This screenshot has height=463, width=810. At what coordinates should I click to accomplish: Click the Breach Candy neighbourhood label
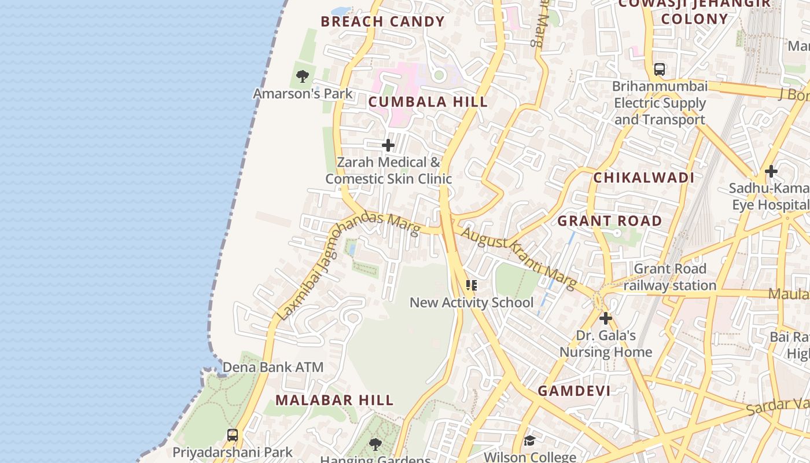pyautogui.click(x=382, y=22)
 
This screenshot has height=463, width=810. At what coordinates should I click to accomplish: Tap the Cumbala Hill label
pyautogui.click(x=428, y=102)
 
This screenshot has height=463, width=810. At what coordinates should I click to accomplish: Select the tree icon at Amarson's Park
pyautogui.click(x=302, y=76)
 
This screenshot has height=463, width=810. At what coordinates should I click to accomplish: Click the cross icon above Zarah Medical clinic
pyautogui.click(x=388, y=145)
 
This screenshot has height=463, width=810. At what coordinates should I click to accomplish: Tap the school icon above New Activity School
pyautogui.click(x=472, y=285)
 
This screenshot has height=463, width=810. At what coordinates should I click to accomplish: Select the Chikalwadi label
pyautogui.click(x=643, y=178)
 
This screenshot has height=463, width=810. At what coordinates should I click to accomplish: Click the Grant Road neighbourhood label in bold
pyautogui.click(x=609, y=221)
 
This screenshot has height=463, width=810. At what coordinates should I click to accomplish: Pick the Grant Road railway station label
pyautogui.click(x=670, y=277)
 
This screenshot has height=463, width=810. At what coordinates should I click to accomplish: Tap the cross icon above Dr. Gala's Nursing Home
pyautogui.click(x=606, y=318)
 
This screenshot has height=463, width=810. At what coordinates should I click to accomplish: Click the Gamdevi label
pyautogui.click(x=574, y=391)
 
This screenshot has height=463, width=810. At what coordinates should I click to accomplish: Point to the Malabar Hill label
pyautogui.click(x=334, y=400)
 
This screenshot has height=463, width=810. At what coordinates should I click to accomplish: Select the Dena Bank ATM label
pyautogui.click(x=273, y=368)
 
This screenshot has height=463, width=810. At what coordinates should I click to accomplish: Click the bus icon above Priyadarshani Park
pyautogui.click(x=233, y=435)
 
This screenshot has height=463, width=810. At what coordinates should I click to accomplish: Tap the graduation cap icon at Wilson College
pyautogui.click(x=529, y=441)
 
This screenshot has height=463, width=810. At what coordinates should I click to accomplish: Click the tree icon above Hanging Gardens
pyautogui.click(x=375, y=444)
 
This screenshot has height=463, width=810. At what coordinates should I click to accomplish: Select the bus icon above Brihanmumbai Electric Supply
pyautogui.click(x=660, y=69)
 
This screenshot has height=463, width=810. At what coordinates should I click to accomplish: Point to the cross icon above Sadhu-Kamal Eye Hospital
pyautogui.click(x=771, y=171)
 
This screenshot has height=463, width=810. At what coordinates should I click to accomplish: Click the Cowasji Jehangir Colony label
pyautogui.click(x=694, y=12)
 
